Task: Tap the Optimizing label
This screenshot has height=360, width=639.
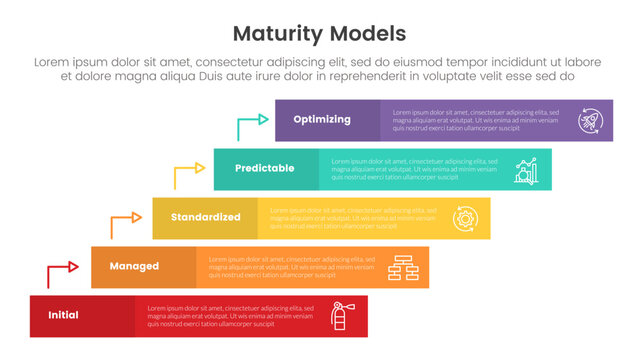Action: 322,119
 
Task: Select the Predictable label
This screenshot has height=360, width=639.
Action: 265,168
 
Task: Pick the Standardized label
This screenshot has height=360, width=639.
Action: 205,217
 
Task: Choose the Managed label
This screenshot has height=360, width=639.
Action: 134,266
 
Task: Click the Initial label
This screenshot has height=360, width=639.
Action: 63,315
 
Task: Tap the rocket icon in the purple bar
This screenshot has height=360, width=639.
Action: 590,120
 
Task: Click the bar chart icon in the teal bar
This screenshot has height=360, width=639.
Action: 527,169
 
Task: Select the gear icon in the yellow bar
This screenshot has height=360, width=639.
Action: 465,218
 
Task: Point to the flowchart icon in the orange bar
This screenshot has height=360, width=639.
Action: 403,267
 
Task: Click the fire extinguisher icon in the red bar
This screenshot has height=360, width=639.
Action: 340,316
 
